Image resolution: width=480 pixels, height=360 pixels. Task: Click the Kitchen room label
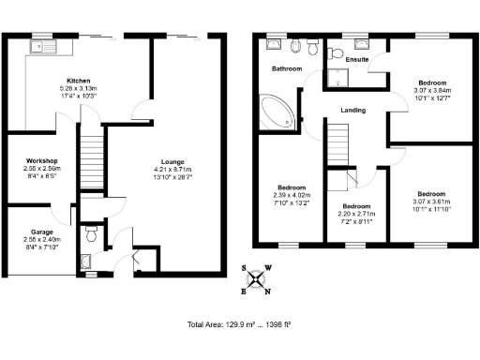[78, 81]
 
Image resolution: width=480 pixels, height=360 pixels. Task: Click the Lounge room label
[171, 159]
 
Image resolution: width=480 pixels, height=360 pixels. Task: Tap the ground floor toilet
[90, 228]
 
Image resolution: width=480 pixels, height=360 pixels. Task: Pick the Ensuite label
[357, 60]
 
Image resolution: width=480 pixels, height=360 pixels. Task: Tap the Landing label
[352, 111]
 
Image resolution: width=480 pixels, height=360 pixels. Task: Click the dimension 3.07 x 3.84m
[432, 90]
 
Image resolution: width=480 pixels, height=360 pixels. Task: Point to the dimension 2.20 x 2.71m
[356, 214]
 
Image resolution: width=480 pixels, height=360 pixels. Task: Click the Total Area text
[239, 324]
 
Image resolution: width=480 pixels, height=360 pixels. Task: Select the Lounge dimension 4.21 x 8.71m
[171, 168]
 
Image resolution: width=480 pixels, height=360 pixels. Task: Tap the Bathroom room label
[287, 69]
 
